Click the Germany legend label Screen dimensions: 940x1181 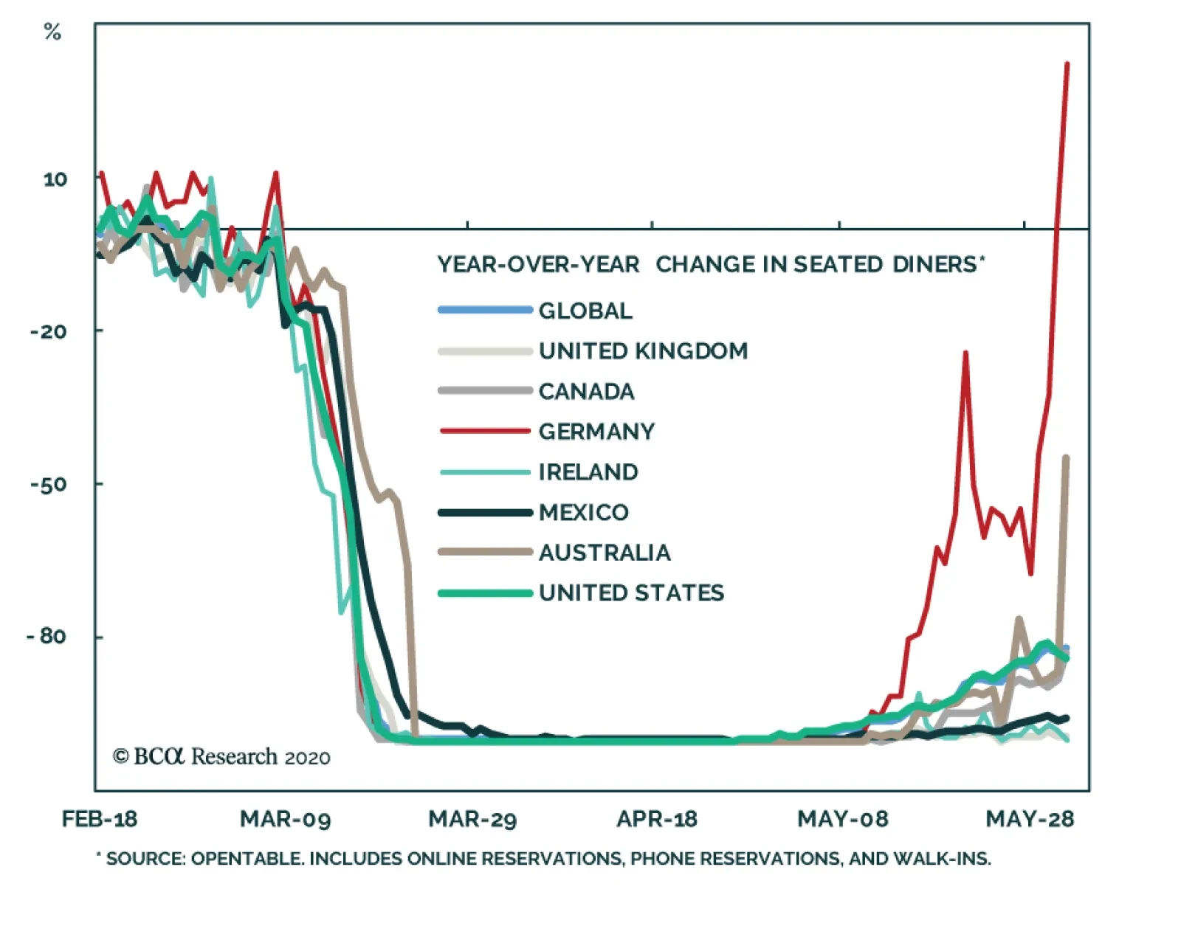(596, 432)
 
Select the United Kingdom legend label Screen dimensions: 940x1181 (643, 351)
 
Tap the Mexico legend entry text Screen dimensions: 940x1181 (583, 512)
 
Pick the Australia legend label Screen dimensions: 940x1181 (605, 553)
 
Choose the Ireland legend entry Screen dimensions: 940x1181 (588, 472)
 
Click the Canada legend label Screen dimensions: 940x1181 (586, 392)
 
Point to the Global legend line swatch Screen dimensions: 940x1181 (485, 311)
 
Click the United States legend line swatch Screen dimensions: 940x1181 (485, 593)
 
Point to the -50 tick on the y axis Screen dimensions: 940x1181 (49, 484)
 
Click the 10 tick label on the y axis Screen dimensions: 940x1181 (55, 179)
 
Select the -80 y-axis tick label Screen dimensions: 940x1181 (47, 636)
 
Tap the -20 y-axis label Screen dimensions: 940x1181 (49, 331)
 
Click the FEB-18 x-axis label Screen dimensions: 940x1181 (100, 819)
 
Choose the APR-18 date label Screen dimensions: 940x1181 (657, 819)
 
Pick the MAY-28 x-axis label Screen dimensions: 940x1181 (1030, 819)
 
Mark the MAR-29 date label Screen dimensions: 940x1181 (472, 819)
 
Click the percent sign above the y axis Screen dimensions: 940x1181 (52, 32)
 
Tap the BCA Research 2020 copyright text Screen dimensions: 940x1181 (221, 757)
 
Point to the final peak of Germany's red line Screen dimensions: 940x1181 (1067, 65)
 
